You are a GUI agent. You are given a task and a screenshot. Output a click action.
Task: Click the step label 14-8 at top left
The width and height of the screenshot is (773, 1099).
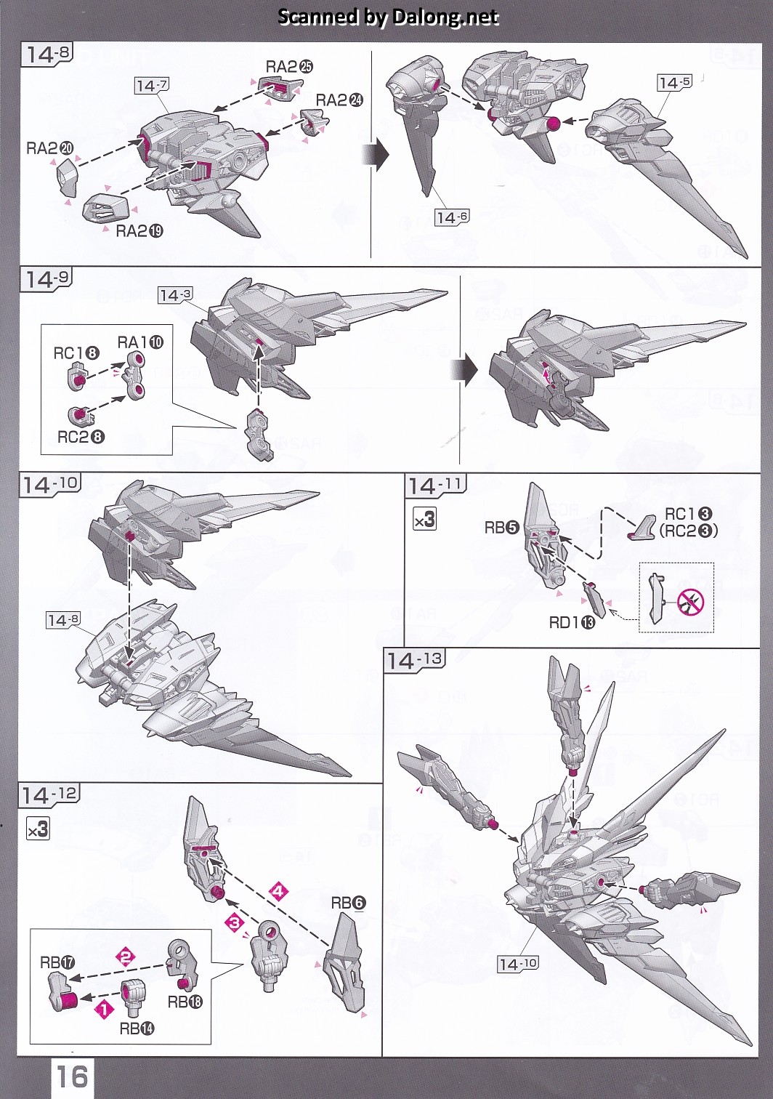[x=47, y=54]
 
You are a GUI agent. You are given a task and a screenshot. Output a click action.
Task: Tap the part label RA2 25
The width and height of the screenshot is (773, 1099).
[x=289, y=67]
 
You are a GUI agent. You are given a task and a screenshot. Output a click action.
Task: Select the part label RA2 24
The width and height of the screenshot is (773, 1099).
[x=339, y=100]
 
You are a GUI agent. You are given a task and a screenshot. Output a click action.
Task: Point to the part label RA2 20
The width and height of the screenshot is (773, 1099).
[x=50, y=148]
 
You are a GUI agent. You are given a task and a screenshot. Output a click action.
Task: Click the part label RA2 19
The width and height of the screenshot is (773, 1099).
[x=139, y=231]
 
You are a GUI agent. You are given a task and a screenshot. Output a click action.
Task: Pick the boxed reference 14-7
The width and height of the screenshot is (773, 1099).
[x=152, y=86]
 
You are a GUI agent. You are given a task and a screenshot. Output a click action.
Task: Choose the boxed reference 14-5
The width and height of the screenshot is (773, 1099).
[x=674, y=83]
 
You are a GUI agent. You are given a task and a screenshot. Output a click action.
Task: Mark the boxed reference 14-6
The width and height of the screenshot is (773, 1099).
[x=452, y=217]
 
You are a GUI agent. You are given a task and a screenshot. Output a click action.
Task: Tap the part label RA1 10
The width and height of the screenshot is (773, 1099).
[x=141, y=342]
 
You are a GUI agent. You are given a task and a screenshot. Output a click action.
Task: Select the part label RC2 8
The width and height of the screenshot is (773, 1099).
[x=81, y=437]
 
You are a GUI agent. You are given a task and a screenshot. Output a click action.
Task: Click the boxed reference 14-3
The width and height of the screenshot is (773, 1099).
[x=175, y=295]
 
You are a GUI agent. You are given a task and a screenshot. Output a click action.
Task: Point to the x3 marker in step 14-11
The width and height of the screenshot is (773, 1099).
[x=424, y=519]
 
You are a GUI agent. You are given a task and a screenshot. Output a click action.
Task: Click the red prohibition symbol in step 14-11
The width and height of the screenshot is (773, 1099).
[x=690, y=601]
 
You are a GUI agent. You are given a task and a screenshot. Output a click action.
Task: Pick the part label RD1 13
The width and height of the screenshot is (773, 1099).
[x=572, y=622]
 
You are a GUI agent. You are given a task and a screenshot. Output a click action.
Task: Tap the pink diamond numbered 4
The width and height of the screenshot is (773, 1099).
[x=278, y=890]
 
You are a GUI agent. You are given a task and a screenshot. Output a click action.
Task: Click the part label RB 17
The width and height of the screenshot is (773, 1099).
[x=57, y=962]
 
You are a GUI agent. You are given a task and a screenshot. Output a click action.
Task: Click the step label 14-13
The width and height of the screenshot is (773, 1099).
[x=414, y=660]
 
